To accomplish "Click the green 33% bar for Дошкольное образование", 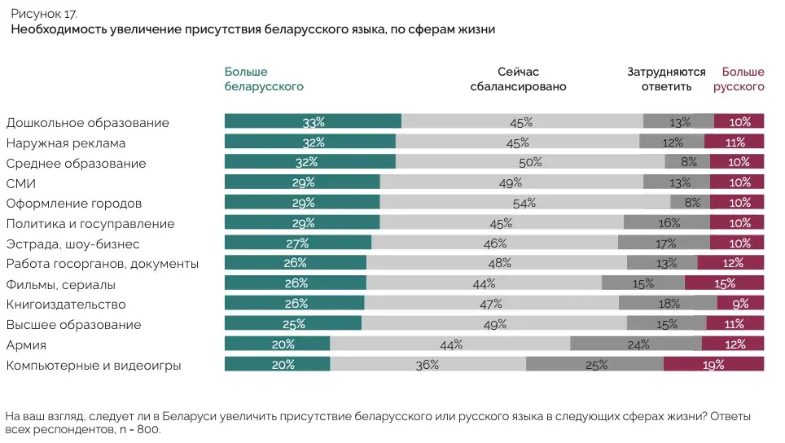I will point(313,122).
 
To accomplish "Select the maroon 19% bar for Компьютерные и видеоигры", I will point(713,365).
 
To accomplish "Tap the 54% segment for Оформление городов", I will point(524,203).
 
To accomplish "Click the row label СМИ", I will point(21,183).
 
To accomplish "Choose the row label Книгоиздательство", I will point(66,305).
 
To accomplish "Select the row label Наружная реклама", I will point(66,143).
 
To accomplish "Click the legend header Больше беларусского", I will point(264,79).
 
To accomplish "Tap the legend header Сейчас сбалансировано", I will point(518,79).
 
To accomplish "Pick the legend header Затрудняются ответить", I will point(666,79).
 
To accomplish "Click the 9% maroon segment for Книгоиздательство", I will point(740,304).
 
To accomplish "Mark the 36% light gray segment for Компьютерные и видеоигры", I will point(428,365).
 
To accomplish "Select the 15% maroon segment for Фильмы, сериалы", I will point(724,283).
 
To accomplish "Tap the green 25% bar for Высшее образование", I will point(293,324).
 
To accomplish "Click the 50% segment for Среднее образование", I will point(530,163).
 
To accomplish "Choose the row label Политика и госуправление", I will point(90,224).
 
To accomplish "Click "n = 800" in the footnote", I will point(138,429).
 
